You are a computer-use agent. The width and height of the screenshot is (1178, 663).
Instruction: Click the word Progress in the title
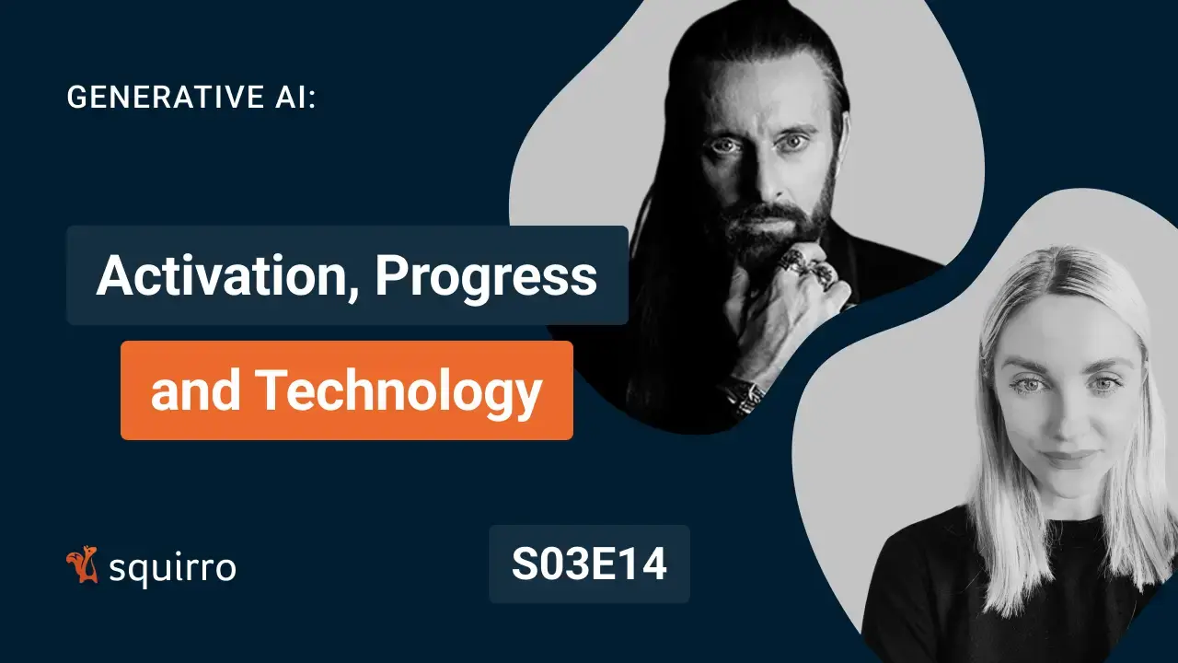click(x=486, y=276)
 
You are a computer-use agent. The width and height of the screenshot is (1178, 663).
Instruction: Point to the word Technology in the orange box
click(x=398, y=390)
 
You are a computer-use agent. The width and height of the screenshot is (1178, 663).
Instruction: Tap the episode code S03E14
click(x=589, y=564)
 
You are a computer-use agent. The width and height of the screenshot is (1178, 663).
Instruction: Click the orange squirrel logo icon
click(x=83, y=565)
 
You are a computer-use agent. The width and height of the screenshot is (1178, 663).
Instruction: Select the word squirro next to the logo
click(x=172, y=568)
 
